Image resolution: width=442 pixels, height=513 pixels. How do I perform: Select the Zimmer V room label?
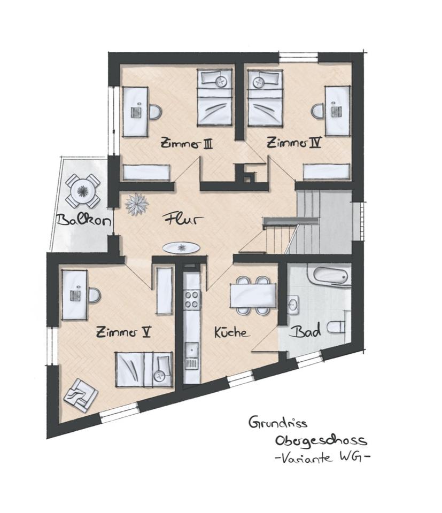click(123, 332)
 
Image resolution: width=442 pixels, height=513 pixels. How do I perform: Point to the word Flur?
click(178, 219)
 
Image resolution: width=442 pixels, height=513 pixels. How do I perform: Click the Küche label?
click(231, 332)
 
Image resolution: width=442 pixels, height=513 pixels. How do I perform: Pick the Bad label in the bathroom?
click(305, 332)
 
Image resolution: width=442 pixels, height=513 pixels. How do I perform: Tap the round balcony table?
click(82, 190)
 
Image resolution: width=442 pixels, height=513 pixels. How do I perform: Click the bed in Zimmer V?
click(144, 369)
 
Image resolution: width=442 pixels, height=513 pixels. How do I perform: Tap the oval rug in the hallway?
click(181, 248)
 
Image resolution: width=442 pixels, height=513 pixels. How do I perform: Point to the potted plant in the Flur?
click(136, 204)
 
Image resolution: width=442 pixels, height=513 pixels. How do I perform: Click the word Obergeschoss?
click(321, 440)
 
